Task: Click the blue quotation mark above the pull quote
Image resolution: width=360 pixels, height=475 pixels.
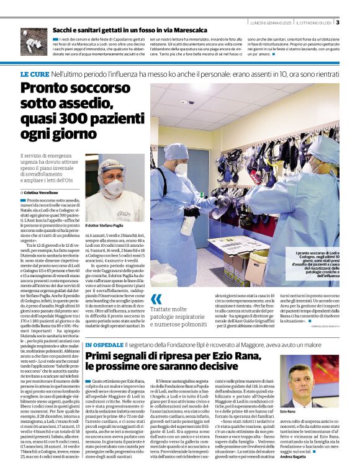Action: [x=156, y=300]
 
